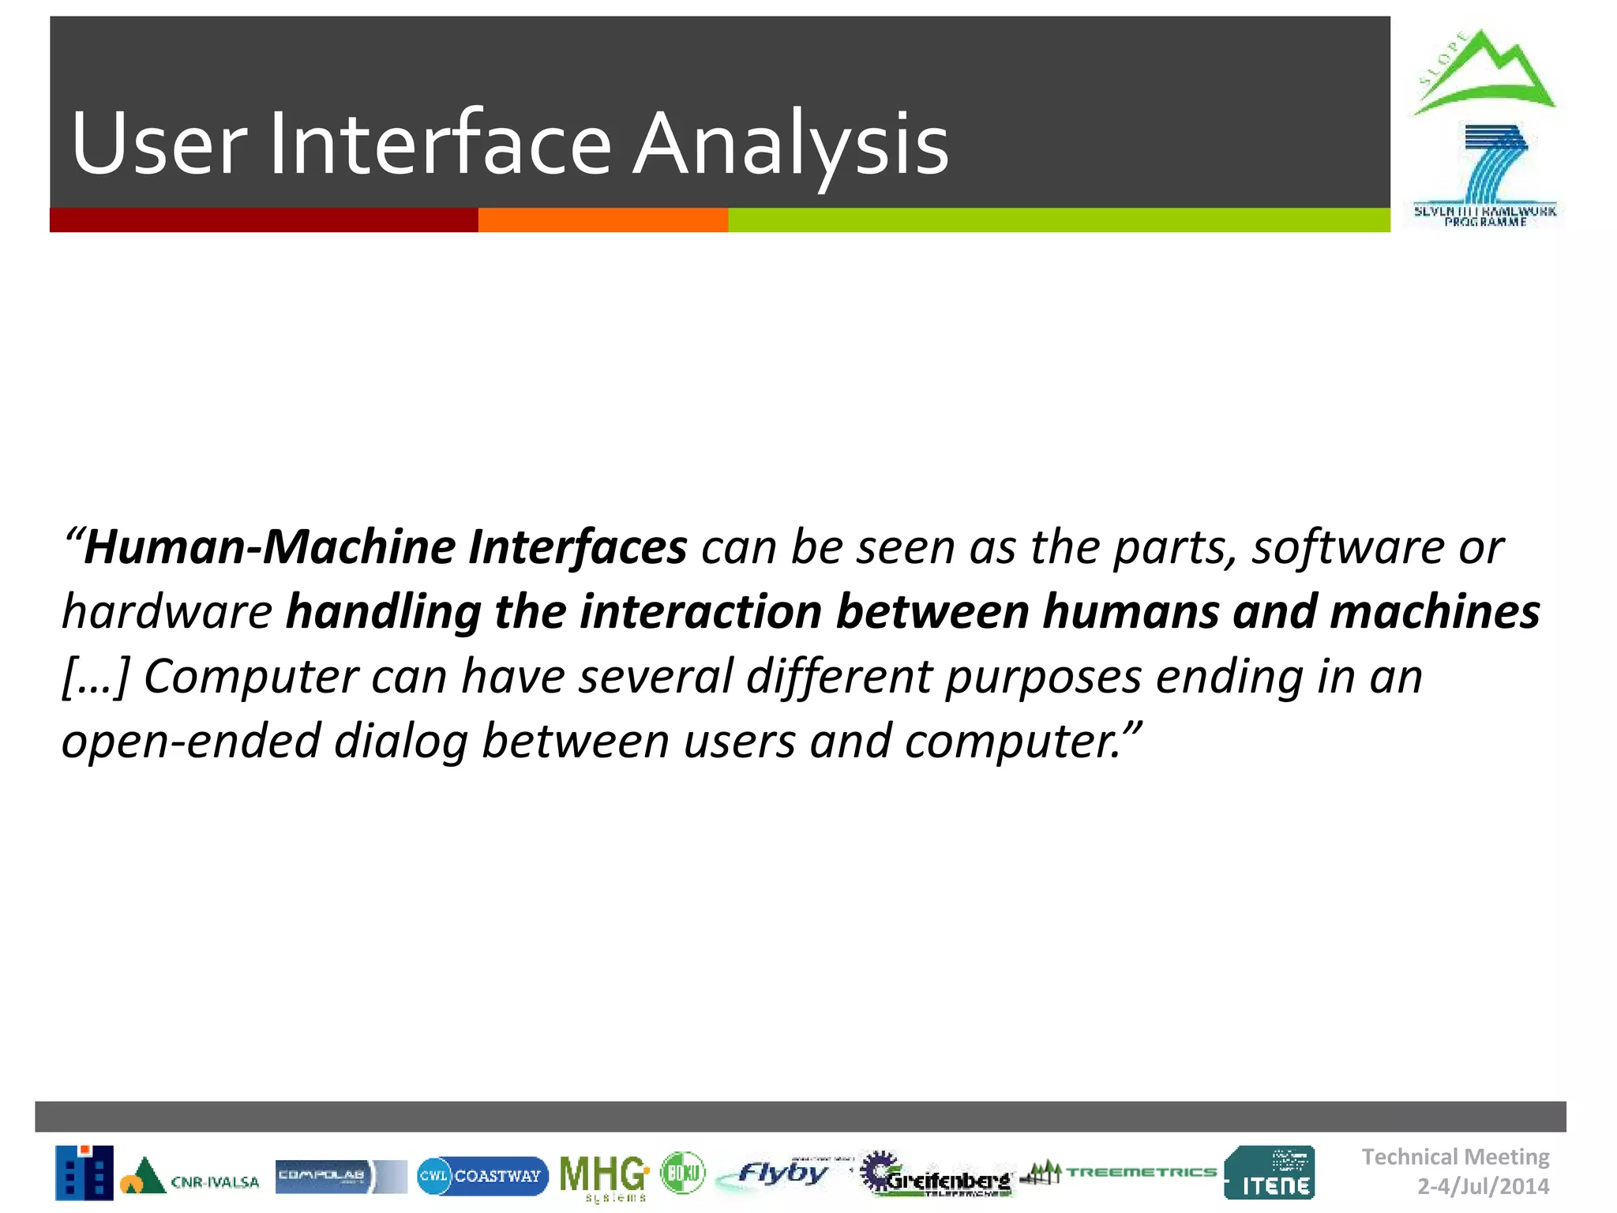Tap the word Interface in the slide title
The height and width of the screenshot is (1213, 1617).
[440, 144]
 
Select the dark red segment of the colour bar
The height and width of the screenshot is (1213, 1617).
[264, 220]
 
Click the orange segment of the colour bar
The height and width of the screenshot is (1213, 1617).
[602, 220]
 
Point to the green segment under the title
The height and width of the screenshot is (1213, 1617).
[1058, 220]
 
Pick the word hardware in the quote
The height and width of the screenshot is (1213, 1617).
[167, 612]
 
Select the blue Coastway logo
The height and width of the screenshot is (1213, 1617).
[482, 1176]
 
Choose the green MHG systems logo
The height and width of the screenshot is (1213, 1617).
[604, 1177]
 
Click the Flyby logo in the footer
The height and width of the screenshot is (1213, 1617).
[778, 1174]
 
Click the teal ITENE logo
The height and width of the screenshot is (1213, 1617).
[1270, 1173]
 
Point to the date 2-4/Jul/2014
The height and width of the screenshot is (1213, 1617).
[1483, 1186]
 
